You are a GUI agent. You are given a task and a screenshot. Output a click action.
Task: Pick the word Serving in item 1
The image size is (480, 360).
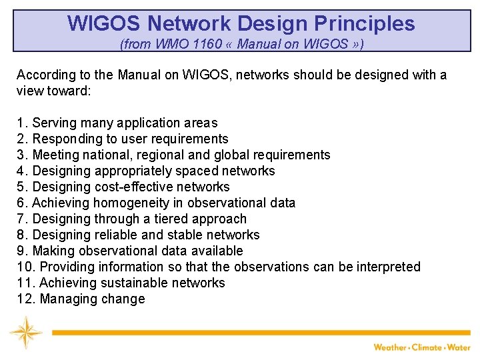[x=54, y=123]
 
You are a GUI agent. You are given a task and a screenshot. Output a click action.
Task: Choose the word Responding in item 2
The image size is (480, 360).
[x=65, y=139]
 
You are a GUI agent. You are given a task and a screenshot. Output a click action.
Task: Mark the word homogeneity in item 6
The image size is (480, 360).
[x=131, y=203]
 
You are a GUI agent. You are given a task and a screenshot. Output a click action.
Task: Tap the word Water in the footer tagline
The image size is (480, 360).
[x=460, y=347]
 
